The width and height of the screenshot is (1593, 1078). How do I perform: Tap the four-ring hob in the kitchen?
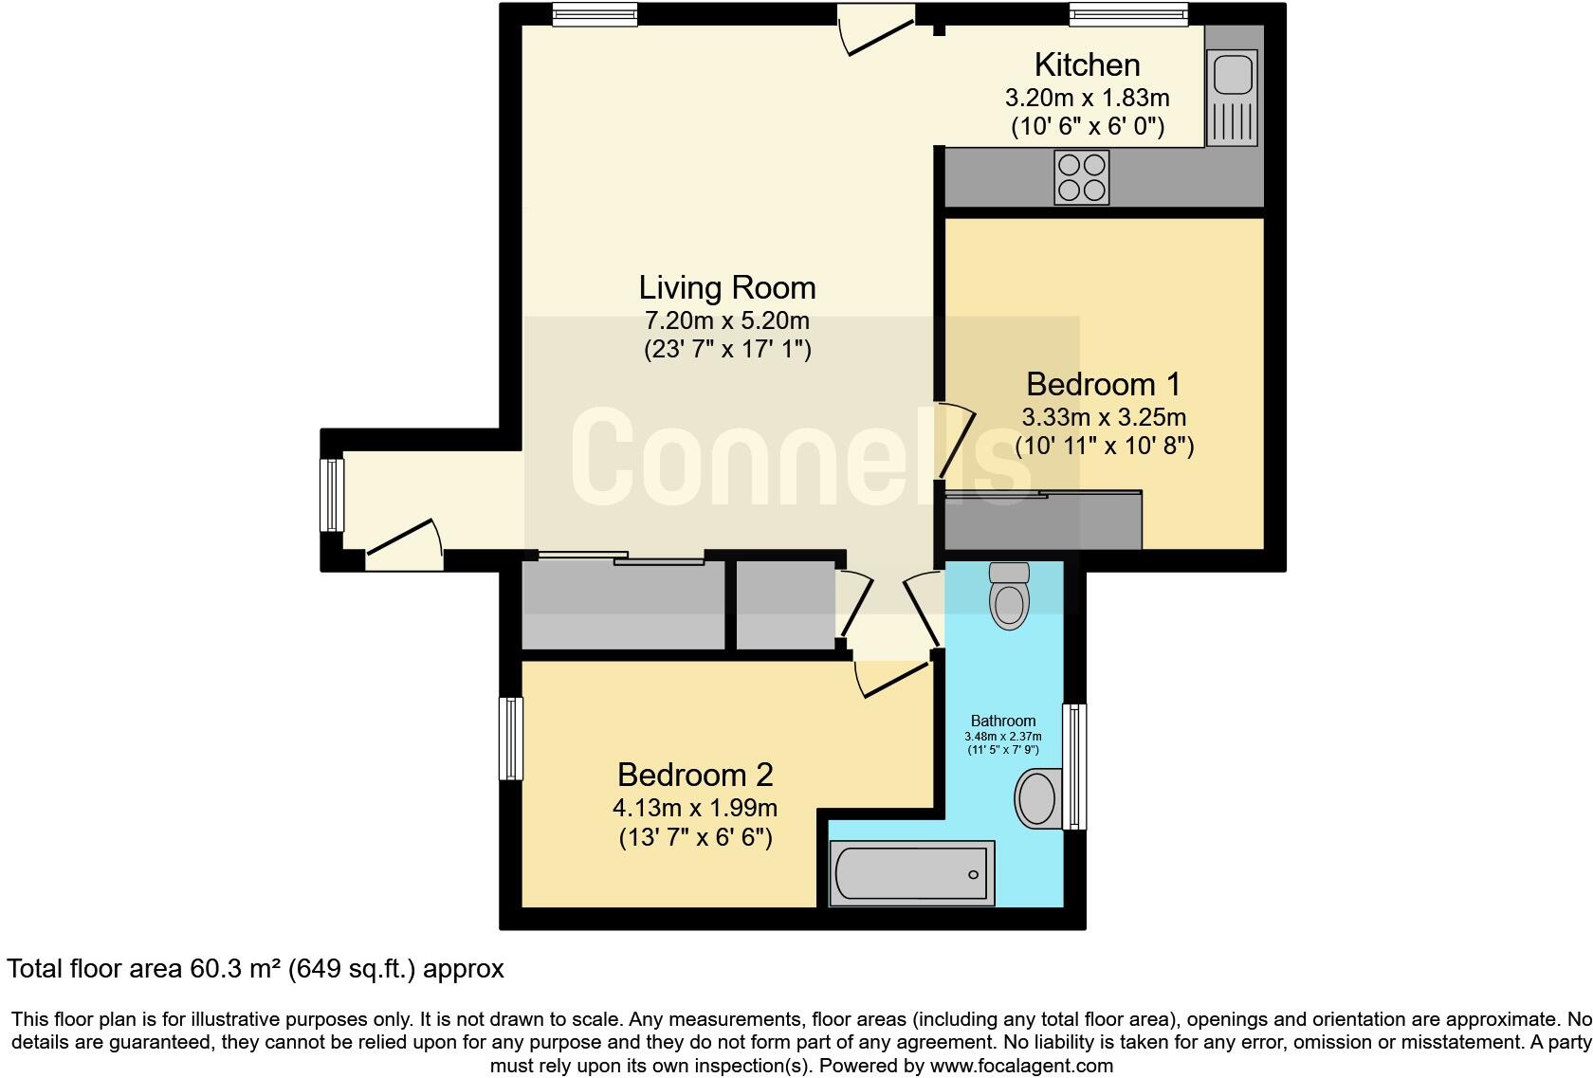pyautogui.click(x=1082, y=177)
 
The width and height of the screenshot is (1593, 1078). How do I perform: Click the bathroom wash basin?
pyautogui.click(x=1036, y=797)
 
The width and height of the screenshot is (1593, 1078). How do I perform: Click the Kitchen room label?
pyautogui.click(x=1087, y=64)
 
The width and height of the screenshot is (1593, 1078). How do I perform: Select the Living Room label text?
pyautogui.click(x=726, y=287)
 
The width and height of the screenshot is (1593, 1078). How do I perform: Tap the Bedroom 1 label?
pyautogui.click(x=1103, y=384)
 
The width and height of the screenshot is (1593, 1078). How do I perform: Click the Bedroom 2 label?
pyautogui.click(x=695, y=775)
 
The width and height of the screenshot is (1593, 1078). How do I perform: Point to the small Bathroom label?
pyautogui.click(x=1003, y=721)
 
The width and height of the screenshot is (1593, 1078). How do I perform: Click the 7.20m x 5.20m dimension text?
pyautogui.click(x=726, y=320)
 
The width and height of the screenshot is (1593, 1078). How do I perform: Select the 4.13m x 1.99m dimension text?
pyautogui.click(x=695, y=808)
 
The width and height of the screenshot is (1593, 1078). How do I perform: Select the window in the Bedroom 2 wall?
pyautogui.click(x=511, y=739)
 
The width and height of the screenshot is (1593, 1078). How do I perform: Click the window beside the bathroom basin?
pyautogui.click(x=1074, y=766)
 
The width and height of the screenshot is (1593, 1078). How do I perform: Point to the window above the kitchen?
pyautogui.click(x=1128, y=13)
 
